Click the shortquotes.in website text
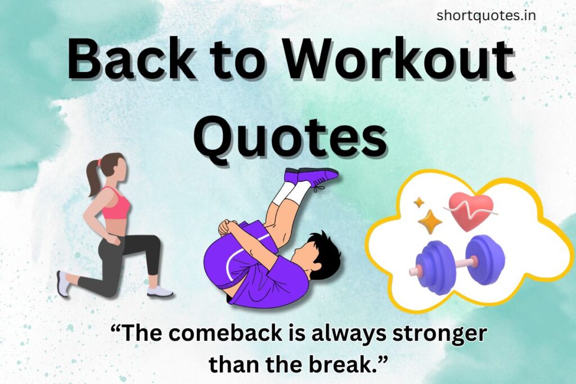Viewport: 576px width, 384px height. (x=486, y=16)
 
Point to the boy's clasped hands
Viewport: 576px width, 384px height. (x=228, y=227)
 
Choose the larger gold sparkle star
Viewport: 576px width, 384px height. (x=430, y=222)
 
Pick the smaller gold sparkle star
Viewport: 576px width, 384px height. (x=418, y=202)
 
